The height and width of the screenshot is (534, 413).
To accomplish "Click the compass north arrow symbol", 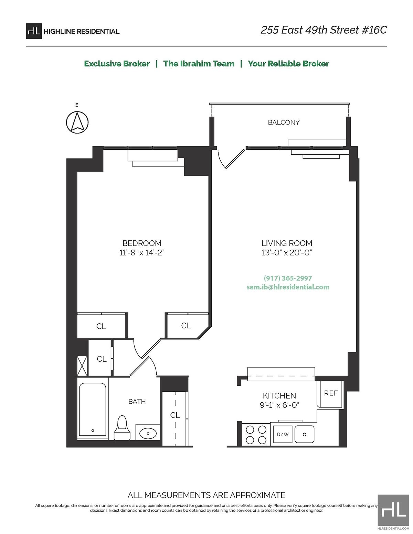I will point(77,122).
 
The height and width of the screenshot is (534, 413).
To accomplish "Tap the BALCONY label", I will point(284,122).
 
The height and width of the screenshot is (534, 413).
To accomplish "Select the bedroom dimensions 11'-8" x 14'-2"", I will point(142,253).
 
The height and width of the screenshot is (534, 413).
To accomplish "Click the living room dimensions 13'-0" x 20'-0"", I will point(286,253).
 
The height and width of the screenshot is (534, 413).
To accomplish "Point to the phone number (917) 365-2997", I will point(288,278).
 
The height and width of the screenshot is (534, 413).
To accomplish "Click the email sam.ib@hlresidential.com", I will point(288,287).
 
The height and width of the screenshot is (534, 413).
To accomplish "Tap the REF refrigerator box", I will point(330,393).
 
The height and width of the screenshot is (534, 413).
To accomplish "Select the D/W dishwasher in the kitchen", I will point(283,434).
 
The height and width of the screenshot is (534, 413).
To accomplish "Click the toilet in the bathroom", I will point(122,428).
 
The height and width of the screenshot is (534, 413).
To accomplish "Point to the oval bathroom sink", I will point(148,433).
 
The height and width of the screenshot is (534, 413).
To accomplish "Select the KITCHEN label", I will point(279,396).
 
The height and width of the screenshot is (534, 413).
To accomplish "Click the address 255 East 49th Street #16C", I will point(324,30).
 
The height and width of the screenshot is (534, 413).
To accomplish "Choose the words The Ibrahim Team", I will point(199,64).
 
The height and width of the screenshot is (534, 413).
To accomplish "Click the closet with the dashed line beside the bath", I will point(175,418).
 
